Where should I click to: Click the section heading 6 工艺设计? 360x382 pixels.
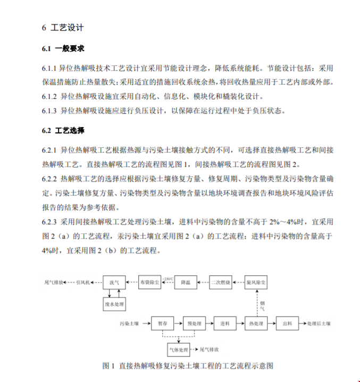click(x=62, y=28)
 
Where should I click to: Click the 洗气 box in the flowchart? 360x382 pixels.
click(x=114, y=282)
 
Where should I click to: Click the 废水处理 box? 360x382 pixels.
click(x=114, y=304)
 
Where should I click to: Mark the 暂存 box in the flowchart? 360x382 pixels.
click(x=162, y=323)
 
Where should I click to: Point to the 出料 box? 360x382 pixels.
click(x=287, y=323)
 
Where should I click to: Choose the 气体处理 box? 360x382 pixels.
click(x=179, y=350)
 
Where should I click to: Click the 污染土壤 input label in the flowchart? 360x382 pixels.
click(x=129, y=323)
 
